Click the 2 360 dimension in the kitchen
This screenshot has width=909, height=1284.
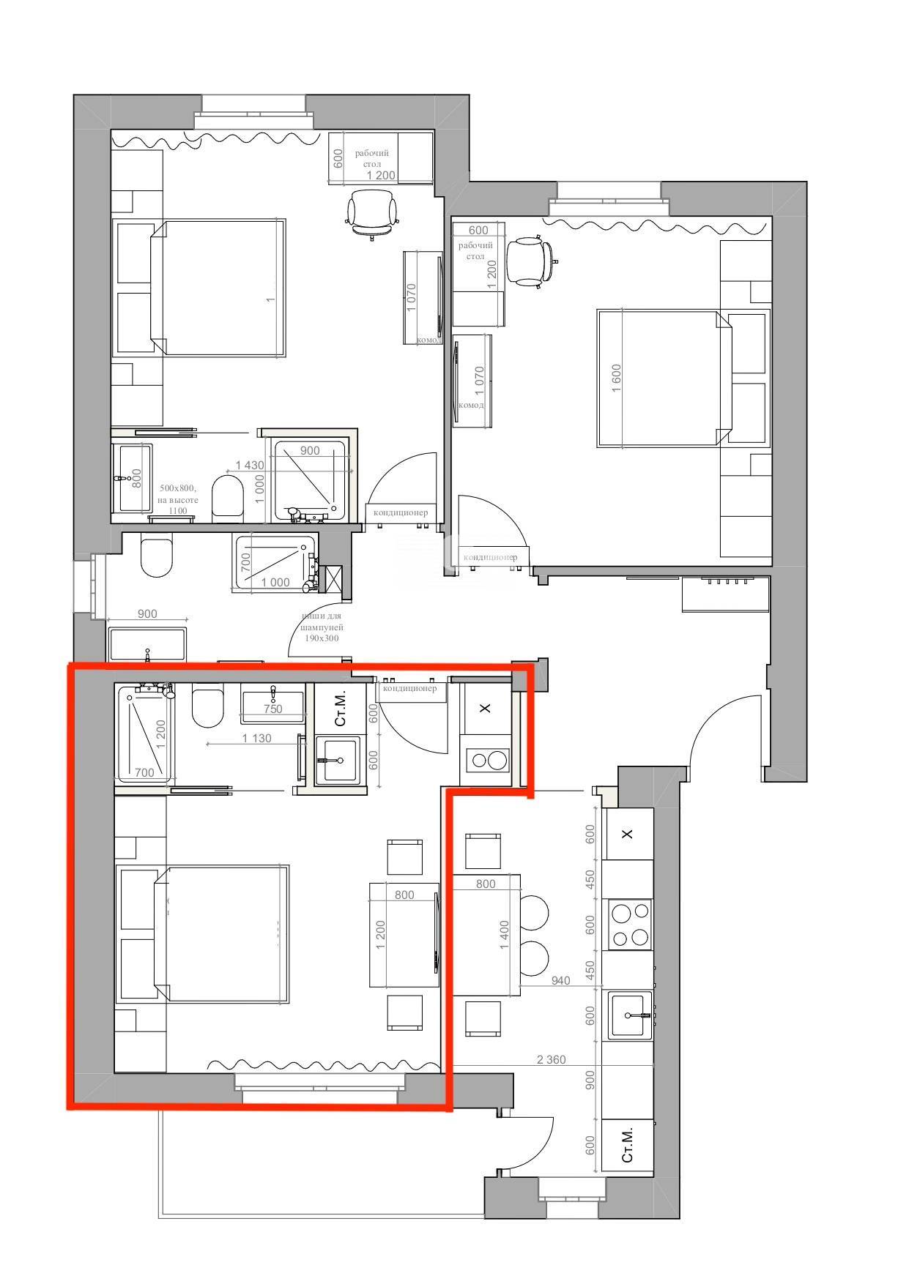tap(551, 1059)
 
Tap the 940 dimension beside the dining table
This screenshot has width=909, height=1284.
tap(560, 981)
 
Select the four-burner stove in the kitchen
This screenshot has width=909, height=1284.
tap(630, 925)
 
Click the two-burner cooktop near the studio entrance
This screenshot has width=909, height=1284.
tap(486, 760)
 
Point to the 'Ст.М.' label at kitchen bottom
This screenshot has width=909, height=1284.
tap(628, 1146)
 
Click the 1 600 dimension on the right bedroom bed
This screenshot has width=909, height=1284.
tap(616, 378)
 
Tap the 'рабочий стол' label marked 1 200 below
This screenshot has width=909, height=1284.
tap(372, 159)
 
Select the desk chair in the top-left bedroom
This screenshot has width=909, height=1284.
tap(372, 213)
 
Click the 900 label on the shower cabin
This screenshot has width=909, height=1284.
tap(310, 451)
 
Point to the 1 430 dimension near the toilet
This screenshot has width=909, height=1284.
tap(249, 465)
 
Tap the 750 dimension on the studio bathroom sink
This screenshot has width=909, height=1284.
tap(272, 709)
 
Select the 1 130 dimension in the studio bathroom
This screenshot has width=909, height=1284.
tap(256, 738)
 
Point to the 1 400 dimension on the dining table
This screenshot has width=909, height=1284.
tap(503, 935)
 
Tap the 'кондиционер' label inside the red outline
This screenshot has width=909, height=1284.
tap(410, 688)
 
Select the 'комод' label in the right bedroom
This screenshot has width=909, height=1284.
tap(470, 405)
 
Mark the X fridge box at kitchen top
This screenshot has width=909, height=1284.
tap(628, 834)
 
